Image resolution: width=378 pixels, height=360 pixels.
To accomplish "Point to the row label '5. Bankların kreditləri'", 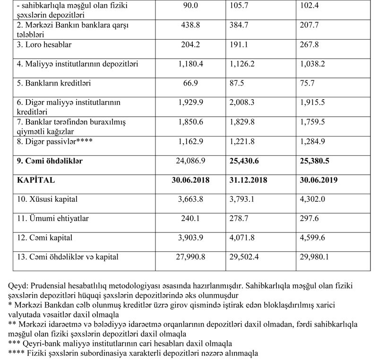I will point(53,83).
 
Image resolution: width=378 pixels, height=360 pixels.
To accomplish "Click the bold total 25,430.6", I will point(245,161).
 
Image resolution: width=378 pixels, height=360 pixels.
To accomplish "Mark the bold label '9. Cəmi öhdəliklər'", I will point(50,161).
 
